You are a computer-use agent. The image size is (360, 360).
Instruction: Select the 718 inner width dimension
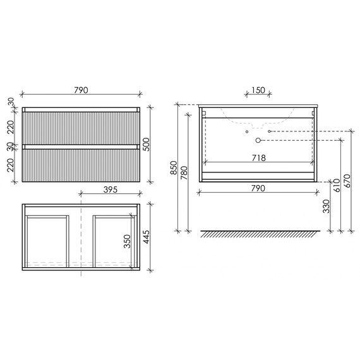point(258,157)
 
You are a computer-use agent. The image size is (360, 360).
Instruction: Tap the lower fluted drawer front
point(80,165)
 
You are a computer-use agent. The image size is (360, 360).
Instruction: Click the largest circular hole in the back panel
point(258,140)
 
